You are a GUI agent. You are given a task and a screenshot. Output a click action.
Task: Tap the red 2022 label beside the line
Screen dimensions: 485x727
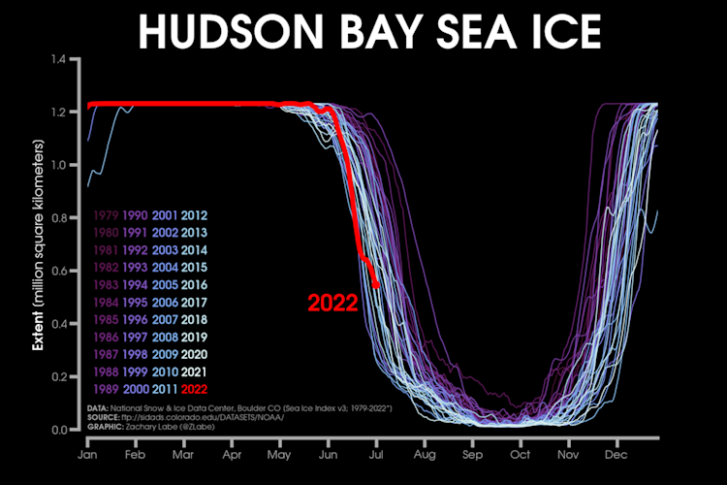(332, 302)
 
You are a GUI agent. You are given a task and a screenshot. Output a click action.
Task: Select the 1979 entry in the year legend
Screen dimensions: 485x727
(105, 214)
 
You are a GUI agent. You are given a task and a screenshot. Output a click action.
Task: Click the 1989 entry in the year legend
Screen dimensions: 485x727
(105, 389)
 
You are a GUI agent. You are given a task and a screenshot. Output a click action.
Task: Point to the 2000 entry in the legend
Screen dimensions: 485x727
(135, 389)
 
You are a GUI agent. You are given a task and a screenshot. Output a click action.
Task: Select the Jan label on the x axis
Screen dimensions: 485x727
(88, 453)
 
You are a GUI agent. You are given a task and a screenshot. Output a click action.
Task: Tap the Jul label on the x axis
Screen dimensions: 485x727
(376, 453)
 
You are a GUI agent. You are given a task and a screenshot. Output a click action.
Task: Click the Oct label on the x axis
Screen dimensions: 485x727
(521, 453)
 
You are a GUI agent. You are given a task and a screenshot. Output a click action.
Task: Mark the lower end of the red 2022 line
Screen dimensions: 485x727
(376, 285)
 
